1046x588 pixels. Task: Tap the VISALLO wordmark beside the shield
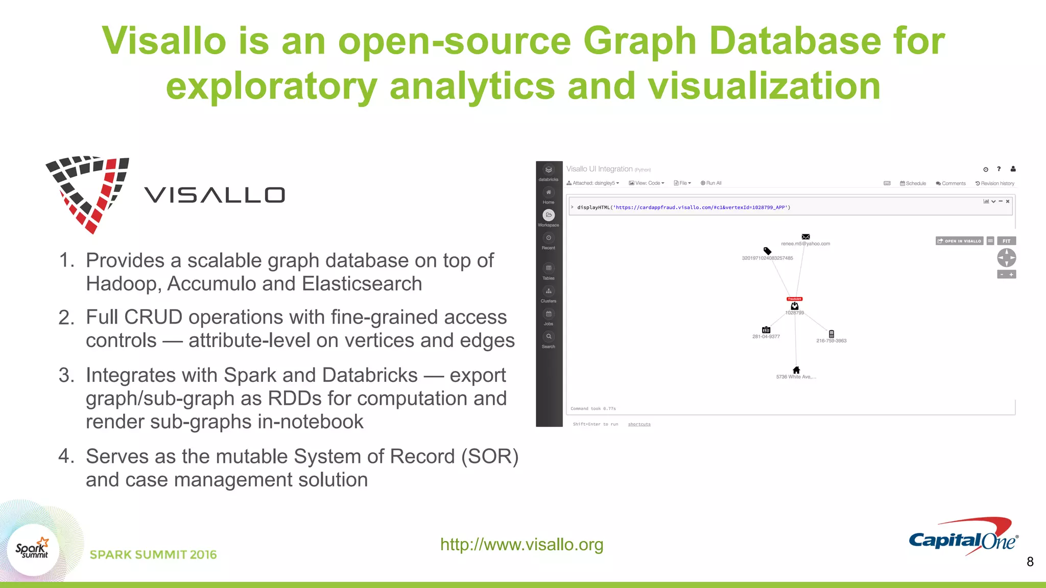tap(215, 195)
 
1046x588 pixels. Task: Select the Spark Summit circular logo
tap(33, 549)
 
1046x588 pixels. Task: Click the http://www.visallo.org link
tap(521, 545)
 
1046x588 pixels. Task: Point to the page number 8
tap(1030, 562)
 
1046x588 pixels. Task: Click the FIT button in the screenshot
tap(1006, 241)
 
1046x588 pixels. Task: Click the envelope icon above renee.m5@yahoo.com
tap(805, 236)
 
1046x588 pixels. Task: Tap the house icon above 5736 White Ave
tap(796, 370)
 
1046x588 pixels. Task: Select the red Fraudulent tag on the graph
tap(794, 299)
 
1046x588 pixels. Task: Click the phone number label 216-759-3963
tap(831, 341)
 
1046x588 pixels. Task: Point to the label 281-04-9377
tap(766, 337)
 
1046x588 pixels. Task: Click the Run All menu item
tap(711, 183)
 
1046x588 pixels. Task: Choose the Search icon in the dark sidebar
tap(549, 337)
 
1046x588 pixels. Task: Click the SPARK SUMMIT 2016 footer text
tap(153, 555)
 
